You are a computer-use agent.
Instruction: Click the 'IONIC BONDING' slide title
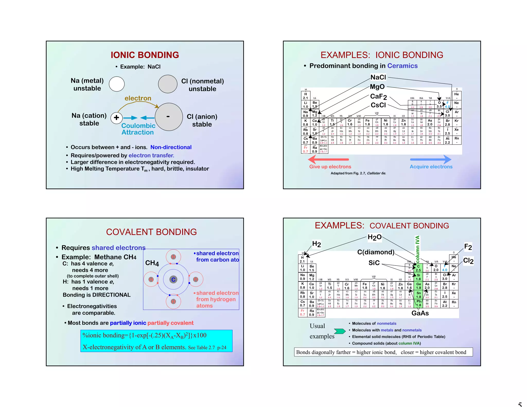pyautogui.click(x=145, y=55)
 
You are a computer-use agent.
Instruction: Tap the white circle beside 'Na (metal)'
pyautogui.click(x=117, y=84)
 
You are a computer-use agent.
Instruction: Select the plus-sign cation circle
pyautogui.click(x=116, y=118)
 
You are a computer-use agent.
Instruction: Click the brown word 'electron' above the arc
pyautogui.click(x=138, y=98)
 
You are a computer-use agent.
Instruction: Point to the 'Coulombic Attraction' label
pyautogui.click(x=138, y=129)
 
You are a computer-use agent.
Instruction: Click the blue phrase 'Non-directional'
pyautogui.click(x=171, y=147)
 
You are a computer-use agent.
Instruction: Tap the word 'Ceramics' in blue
pyautogui.click(x=402, y=66)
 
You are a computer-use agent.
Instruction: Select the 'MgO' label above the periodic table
pyautogui.click(x=377, y=87)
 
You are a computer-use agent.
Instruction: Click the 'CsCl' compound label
pyautogui.click(x=378, y=105)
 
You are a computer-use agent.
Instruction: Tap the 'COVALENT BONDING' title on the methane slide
pyautogui.click(x=151, y=232)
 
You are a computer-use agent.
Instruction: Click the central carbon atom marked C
pyautogui.click(x=173, y=280)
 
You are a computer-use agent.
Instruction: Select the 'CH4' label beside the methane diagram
pyautogui.click(x=152, y=263)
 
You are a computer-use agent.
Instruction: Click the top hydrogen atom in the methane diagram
pyautogui.click(x=173, y=257)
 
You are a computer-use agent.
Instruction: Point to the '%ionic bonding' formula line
pyautogui.click(x=144, y=335)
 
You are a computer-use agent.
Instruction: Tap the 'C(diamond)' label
pyautogui.click(x=376, y=252)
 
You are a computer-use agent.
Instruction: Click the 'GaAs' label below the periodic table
pyautogui.click(x=420, y=313)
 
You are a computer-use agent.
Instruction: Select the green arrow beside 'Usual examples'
pyautogui.click(x=340, y=331)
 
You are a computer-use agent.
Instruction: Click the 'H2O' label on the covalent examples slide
pyautogui.click(x=374, y=237)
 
